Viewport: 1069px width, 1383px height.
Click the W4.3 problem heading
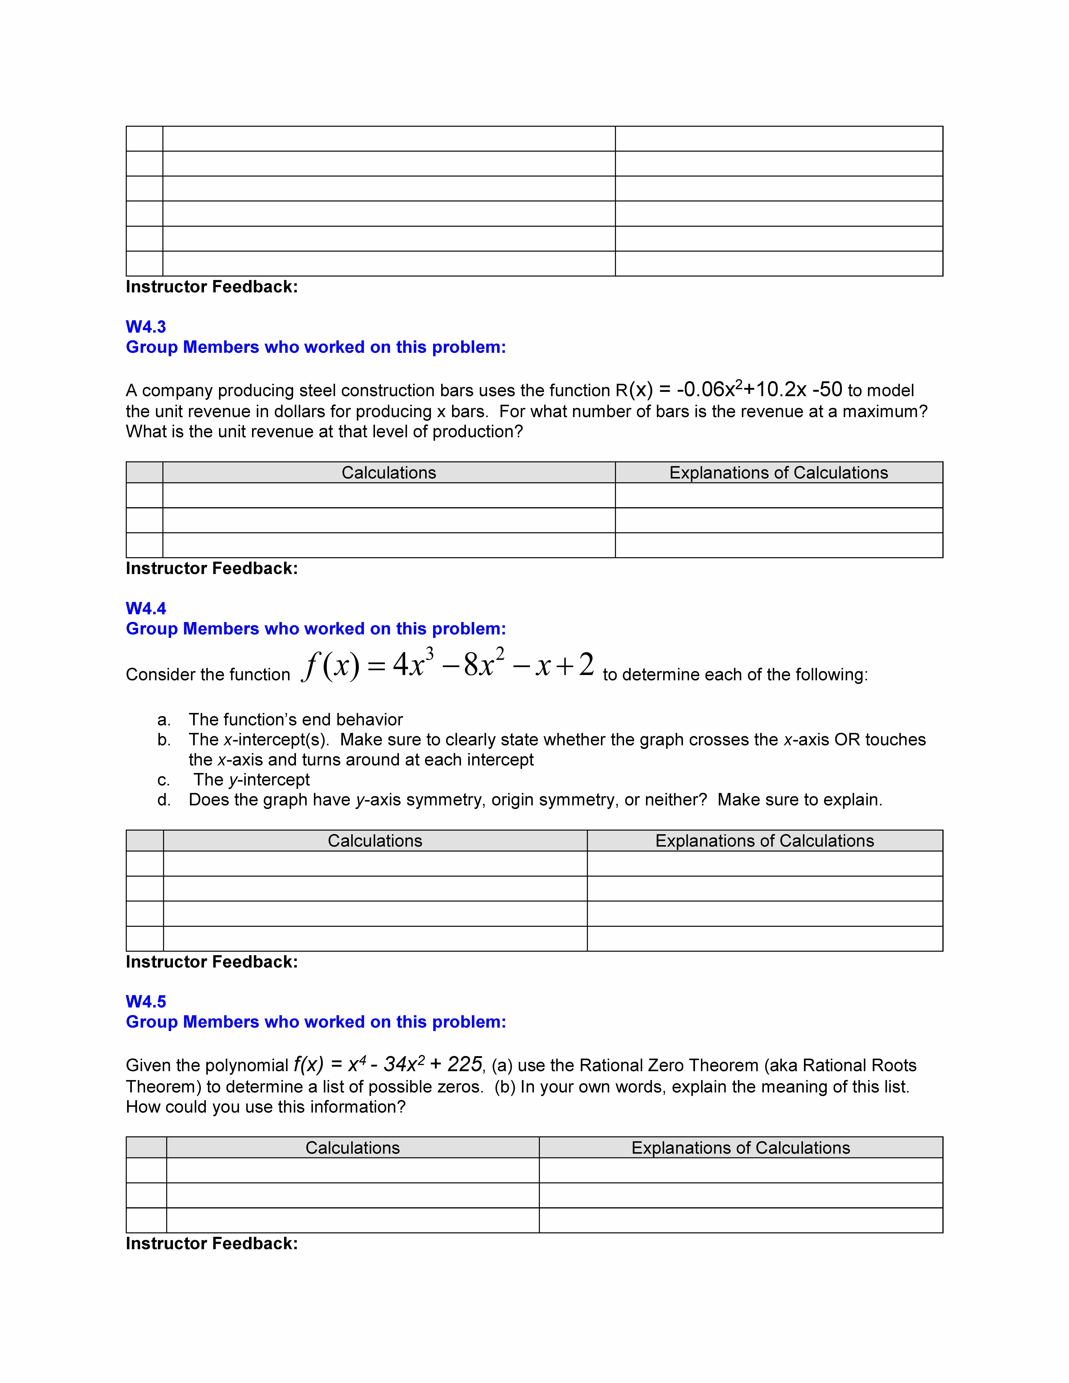[146, 327]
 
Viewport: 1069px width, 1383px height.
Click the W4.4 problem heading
[146, 609]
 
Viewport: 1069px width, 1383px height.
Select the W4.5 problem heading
[146, 1002]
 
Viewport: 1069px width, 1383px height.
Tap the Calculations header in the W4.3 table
[389, 473]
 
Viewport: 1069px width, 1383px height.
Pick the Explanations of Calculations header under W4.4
[764, 841]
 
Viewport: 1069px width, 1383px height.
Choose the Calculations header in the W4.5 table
[353, 1148]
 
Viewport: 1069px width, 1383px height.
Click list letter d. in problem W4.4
[164, 800]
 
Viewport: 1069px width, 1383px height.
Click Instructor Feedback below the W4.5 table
[212, 1244]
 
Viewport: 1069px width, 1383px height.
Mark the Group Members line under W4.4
[315, 629]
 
